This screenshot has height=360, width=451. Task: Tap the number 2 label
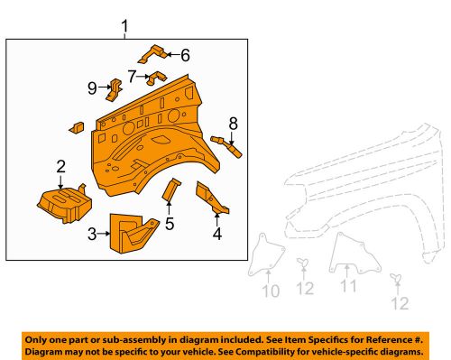(60, 166)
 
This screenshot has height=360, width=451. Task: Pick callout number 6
(185, 55)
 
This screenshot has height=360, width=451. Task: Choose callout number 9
(91, 88)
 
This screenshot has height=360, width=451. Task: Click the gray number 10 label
(272, 291)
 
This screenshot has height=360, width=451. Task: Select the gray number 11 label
(348, 286)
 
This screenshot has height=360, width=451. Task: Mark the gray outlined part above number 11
(346, 251)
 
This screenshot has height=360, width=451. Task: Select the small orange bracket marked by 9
(115, 88)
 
